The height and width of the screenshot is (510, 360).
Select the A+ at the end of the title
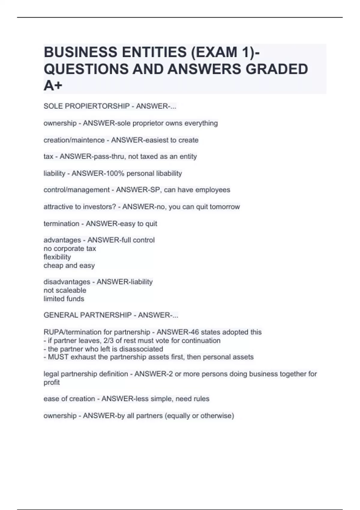[x=53, y=86]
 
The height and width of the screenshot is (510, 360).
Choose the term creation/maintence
[x=74, y=140]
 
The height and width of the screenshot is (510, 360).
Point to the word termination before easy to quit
[x=61, y=224]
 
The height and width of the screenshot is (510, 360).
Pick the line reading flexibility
[x=57, y=257]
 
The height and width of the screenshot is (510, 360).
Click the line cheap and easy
[x=69, y=265]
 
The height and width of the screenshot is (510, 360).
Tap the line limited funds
[x=64, y=299]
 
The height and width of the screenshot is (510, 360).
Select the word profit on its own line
[x=52, y=382]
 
